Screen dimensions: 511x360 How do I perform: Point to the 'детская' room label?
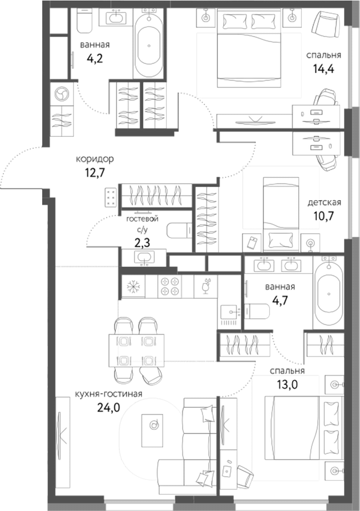[324, 202]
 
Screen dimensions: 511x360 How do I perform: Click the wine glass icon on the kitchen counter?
[206, 285]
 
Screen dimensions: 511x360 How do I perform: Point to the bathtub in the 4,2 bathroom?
[149, 44]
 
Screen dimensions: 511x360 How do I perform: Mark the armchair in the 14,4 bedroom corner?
[325, 26]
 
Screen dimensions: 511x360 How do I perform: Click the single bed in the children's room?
[280, 211]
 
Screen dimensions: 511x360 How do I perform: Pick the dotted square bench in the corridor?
[110, 197]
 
